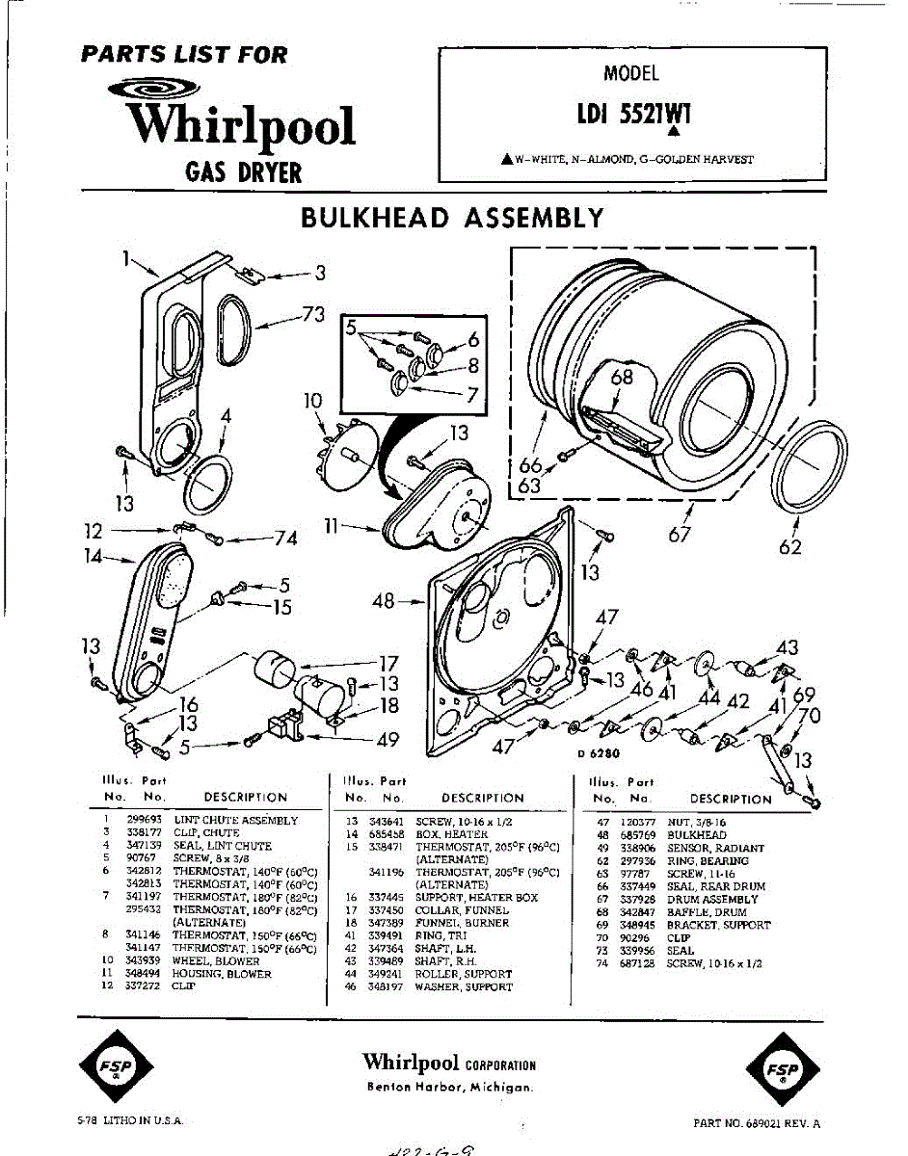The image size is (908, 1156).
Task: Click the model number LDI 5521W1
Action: point(633,115)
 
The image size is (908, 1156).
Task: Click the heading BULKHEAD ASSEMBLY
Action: point(452,218)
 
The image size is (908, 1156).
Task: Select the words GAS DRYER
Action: point(243,173)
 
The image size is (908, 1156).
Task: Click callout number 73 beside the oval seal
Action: point(311,314)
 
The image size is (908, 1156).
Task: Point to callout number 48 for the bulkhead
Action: point(384,602)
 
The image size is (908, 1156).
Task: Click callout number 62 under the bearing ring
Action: point(789,548)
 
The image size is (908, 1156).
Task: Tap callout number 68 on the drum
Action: point(622,377)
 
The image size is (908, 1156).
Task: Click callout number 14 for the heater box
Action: point(93,555)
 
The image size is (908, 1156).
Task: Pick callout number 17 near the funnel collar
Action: point(387,663)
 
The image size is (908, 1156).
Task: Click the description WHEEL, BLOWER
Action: point(217,960)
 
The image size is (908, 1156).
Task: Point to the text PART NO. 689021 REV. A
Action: point(757,1123)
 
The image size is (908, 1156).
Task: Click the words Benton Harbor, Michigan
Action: point(449,1087)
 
